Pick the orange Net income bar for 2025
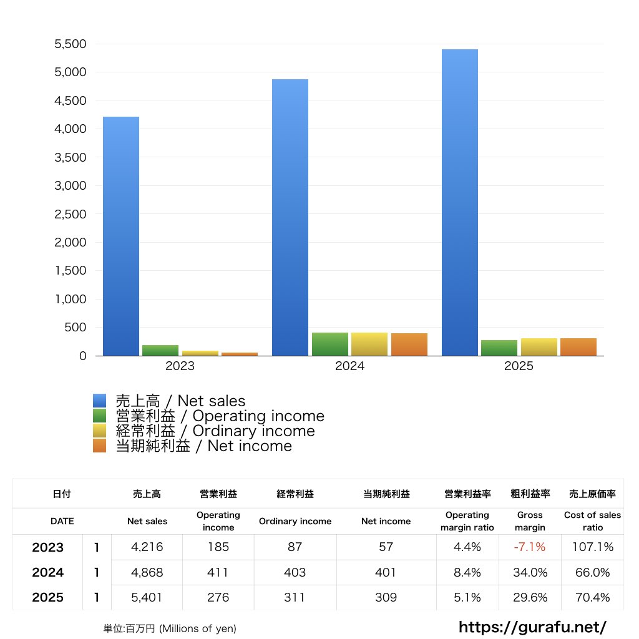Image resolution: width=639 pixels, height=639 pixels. click(578, 347)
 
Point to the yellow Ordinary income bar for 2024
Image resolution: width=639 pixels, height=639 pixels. click(369, 344)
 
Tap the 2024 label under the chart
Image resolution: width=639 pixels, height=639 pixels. click(349, 366)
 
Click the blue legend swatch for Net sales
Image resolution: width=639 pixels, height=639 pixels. click(100, 401)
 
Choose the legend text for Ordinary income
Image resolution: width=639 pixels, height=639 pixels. click(215, 431)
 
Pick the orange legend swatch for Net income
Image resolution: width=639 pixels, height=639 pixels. click(100, 446)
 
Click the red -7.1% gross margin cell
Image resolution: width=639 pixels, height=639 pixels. click(530, 547)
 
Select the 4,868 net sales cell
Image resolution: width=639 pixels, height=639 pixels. click(147, 572)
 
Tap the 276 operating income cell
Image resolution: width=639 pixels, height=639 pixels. click(218, 597)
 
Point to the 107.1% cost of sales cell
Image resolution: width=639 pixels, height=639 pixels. click(593, 547)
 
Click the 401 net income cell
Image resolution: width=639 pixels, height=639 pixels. click(386, 572)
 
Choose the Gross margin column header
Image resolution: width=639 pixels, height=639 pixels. click(530, 521)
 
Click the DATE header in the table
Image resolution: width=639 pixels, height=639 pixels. click(62, 521)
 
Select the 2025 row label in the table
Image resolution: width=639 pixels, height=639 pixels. click(48, 597)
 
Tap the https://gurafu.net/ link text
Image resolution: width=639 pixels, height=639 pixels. click(532, 627)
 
